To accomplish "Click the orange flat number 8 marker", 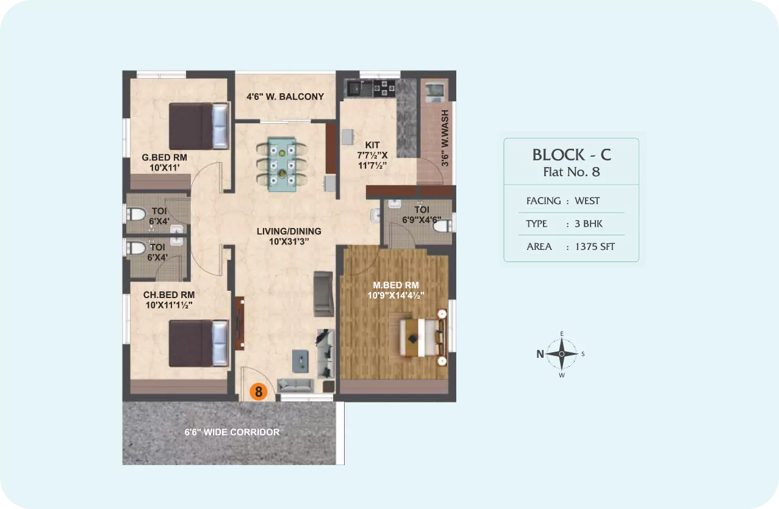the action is (x=259, y=391).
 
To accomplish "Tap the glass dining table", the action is (x=282, y=165).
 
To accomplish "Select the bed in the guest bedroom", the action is (x=199, y=126).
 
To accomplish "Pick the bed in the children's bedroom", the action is (x=199, y=343).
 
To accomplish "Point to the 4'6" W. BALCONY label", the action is (x=285, y=96).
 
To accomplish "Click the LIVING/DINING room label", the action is (x=289, y=232).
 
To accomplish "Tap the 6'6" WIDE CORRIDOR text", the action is (x=232, y=432).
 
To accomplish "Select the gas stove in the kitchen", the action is (x=384, y=88).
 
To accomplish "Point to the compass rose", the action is (x=561, y=354).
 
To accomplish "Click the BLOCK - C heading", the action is (x=572, y=155).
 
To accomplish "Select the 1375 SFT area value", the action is (x=595, y=247).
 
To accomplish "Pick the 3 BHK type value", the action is (x=589, y=224).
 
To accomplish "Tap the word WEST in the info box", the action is (x=587, y=201).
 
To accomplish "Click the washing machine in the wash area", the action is (x=435, y=91).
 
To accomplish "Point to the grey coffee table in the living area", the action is (x=300, y=361).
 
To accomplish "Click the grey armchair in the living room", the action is (x=323, y=294).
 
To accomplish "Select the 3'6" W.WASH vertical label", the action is (x=445, y=138).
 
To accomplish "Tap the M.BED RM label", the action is (x=396, y=285).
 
